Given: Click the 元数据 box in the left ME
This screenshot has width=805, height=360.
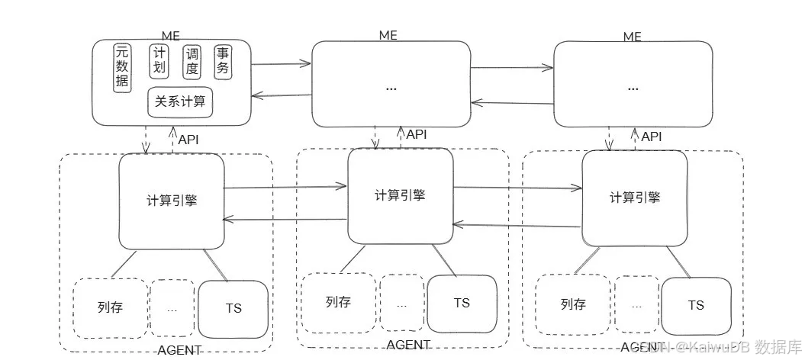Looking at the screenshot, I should [x=122, y=67].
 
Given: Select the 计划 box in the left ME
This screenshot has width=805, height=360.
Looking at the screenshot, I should [x=159, y=62].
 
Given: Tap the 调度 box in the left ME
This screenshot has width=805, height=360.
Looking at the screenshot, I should [x=192, y=62].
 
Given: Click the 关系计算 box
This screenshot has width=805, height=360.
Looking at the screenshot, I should [x=180, y=101].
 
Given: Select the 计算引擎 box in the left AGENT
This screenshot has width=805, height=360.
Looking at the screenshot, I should [x=172, y=201].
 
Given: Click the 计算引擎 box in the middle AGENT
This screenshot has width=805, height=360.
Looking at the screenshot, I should [x=400, y=195].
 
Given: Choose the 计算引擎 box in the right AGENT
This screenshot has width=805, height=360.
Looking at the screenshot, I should [x=634, y=197].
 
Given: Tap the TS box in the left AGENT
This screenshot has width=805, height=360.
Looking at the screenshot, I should [x=233, y=308].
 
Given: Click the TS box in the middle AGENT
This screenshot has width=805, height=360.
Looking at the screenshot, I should [x=462, y=303].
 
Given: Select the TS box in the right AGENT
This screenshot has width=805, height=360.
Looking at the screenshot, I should [x=695, y=305].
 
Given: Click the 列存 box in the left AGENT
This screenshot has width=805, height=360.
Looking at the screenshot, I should [x=110, y=308].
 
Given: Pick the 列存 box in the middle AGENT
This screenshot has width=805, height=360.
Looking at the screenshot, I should [x=338, y=303].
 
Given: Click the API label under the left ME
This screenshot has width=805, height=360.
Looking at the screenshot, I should [x=188, y=140].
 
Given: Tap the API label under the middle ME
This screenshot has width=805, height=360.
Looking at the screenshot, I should [x=417, y=134].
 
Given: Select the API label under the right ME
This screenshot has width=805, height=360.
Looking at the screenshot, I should [x=651, y=137].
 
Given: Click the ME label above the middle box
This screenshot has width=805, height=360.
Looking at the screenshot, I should [x=388, y=36].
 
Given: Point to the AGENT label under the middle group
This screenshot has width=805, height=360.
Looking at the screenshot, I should [x=408, y=345].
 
